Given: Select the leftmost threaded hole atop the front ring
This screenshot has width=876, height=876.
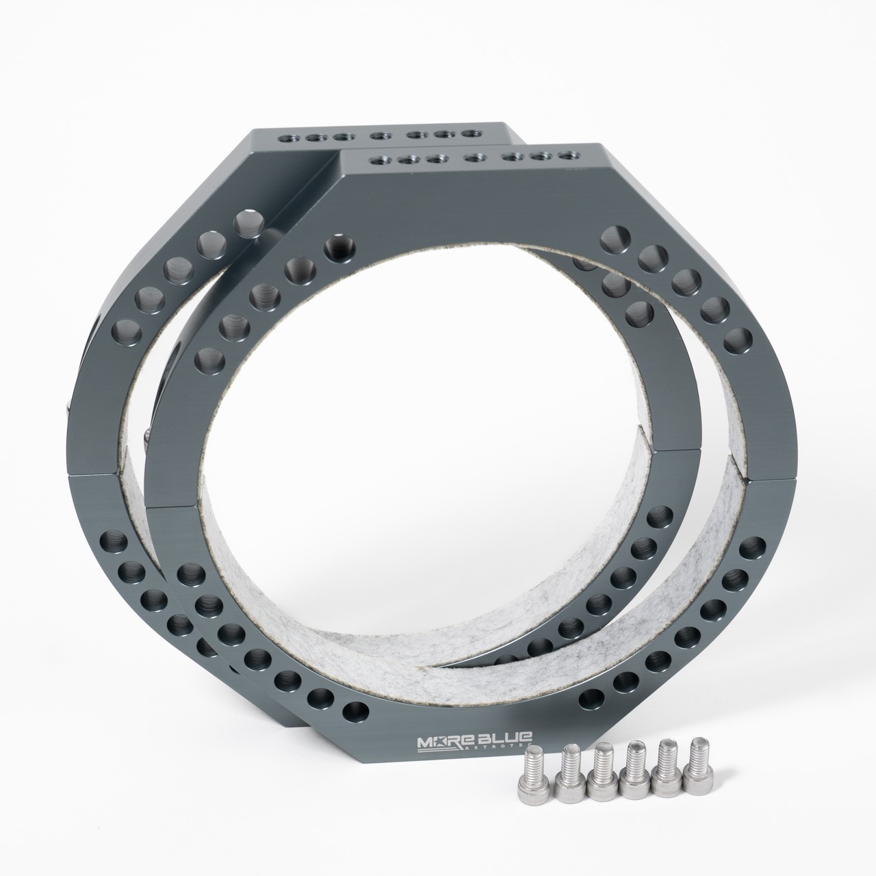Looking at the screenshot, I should pos(376,160).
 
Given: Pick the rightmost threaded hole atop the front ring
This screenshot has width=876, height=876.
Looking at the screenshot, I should pos(567,155).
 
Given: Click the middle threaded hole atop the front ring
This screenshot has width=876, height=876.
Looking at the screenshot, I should pos(472,158).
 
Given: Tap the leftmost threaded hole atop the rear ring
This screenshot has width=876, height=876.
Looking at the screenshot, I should pos(285,138).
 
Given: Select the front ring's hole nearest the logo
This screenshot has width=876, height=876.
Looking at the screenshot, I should pos(354,712).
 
